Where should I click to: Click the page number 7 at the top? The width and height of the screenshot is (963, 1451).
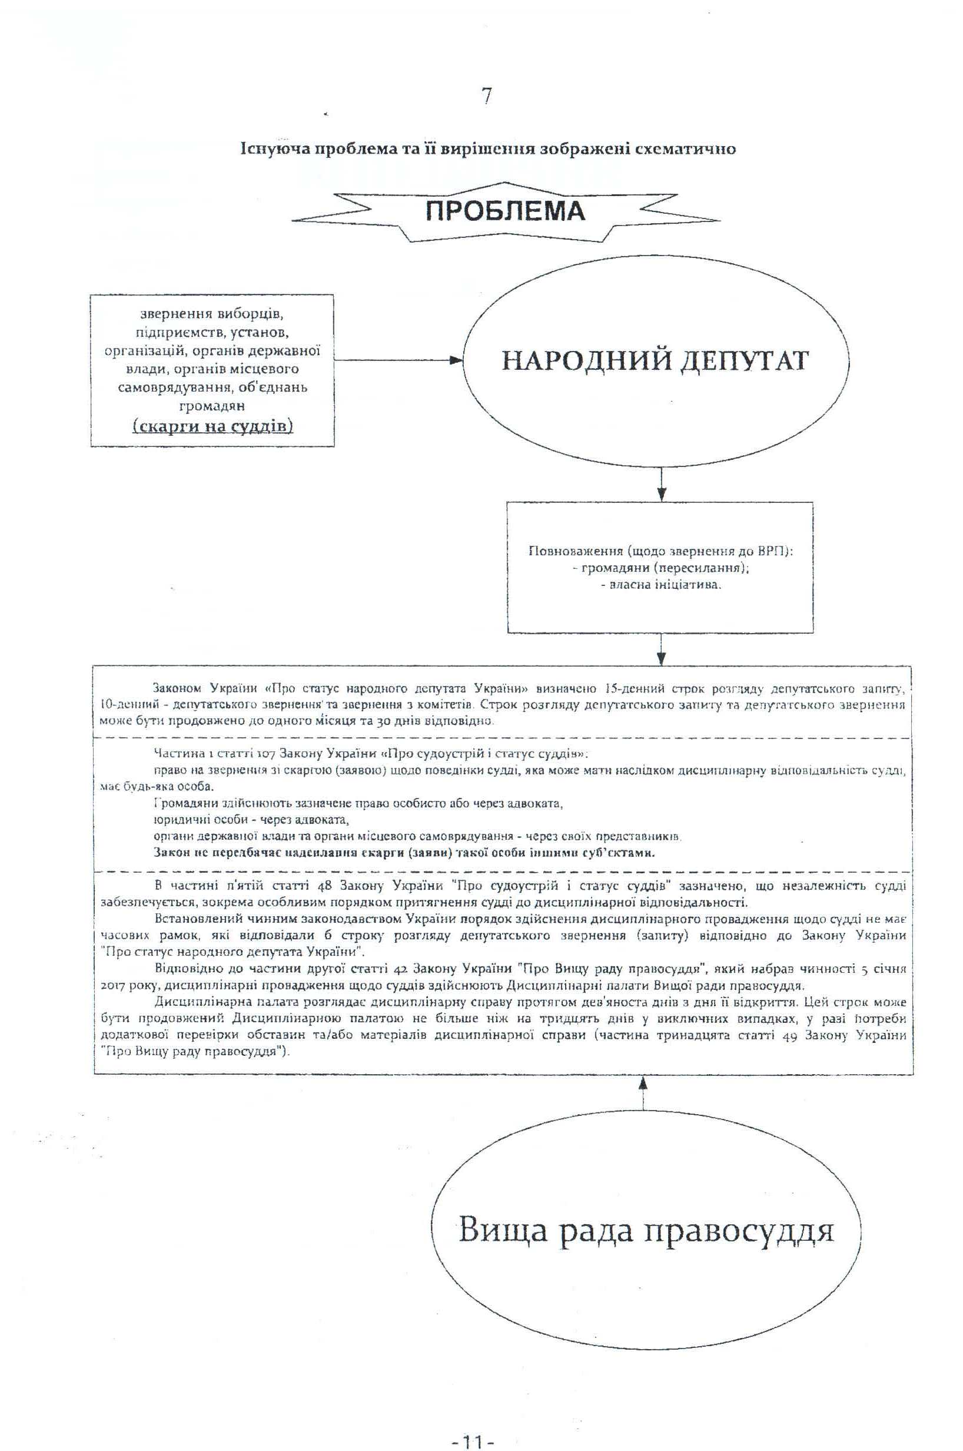pos(486,97)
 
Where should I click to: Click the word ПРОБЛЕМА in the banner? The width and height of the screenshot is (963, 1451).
pos(506,211)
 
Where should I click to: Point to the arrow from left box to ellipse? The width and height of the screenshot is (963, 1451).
pos(399,361)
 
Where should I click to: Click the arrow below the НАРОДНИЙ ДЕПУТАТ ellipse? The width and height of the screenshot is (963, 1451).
pos(662,486)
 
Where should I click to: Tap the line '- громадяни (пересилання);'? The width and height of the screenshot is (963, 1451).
pos(660,568)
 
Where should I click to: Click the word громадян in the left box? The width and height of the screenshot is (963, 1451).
pos(212,406)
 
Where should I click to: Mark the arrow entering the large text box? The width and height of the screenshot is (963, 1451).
pos(661,651)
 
